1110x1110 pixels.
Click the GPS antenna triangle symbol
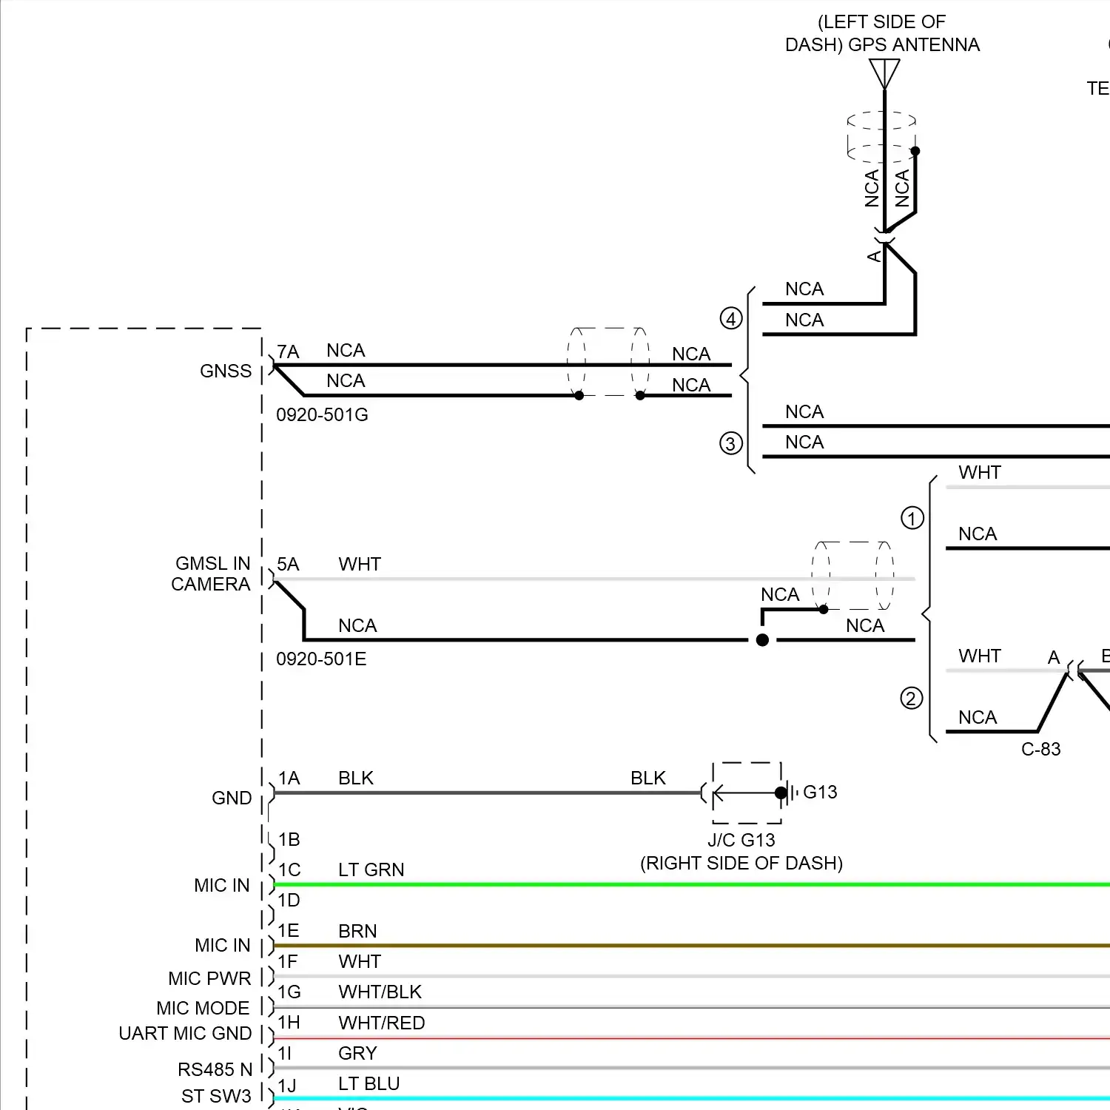point(884,73)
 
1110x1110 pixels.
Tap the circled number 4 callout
point(731,319)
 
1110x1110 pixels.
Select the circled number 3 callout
point(731,443)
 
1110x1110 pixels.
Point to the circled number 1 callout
point(912,518)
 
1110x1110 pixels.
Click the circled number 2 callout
point(911,699)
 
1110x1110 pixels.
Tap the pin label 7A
point(288,352)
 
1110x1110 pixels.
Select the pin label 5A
point(288,565)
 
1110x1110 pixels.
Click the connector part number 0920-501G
point(322,415)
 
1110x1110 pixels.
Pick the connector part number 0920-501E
point(321,659)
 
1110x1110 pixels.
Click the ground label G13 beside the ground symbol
point(820,793)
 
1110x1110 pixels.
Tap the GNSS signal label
point(226,371)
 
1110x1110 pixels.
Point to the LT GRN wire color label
point(371,870)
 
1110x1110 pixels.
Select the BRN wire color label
point(357,932)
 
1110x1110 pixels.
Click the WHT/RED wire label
point(382,1023)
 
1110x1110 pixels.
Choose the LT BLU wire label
point(369,1084)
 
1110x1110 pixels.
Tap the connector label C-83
point(1040,750)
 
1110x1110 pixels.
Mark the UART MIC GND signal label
point(185,1034)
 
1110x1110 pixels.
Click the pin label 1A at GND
point(289,778)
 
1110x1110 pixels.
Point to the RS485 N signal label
point(215,1070)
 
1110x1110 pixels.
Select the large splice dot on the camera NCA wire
point(762,640)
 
